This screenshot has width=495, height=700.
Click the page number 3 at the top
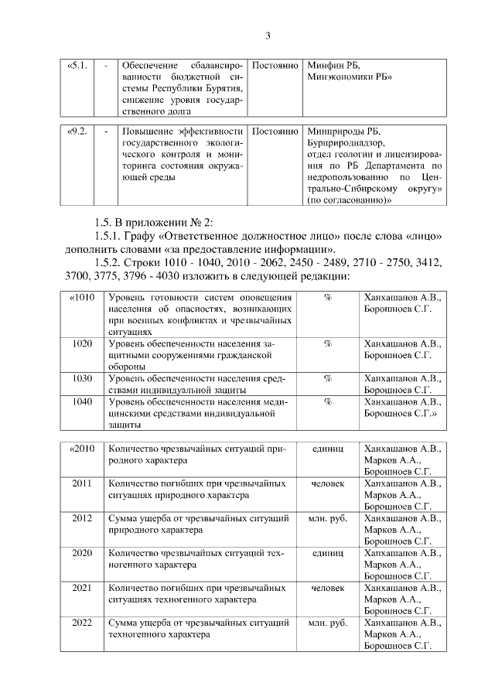(268, 36)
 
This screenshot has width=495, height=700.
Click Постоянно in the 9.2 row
(275, 131)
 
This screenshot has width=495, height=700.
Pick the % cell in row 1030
(327, 378)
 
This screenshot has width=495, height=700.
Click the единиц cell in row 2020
(327, 553)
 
